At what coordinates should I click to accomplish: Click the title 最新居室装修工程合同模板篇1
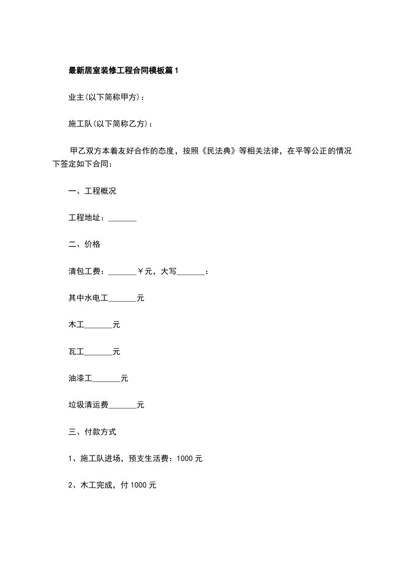[x=123, y=71]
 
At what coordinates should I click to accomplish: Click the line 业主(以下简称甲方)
[x=107, y=97]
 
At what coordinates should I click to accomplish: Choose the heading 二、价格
[x=84, y=244]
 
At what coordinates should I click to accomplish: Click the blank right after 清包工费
[x=122, y=272]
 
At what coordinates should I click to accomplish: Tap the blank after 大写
[x=191, y=272]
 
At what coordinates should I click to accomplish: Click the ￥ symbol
[x=141, y=271]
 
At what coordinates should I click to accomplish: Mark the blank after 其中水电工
[x=122, y=299]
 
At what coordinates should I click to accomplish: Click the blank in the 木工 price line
[x=98, y=326]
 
